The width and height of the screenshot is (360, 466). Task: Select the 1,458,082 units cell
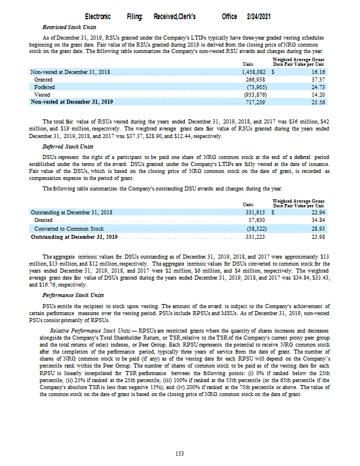point(253,72)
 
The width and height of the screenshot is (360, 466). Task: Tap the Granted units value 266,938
point(256,79)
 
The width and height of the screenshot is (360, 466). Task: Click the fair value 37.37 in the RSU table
point(317,79)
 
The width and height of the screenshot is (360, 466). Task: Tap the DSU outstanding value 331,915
point(253,213)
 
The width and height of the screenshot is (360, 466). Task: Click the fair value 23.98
point(317,237)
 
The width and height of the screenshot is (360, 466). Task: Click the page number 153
point(180,453)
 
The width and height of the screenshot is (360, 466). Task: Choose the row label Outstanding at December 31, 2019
point(75,237)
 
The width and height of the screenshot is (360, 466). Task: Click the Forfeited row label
point(45,87)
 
